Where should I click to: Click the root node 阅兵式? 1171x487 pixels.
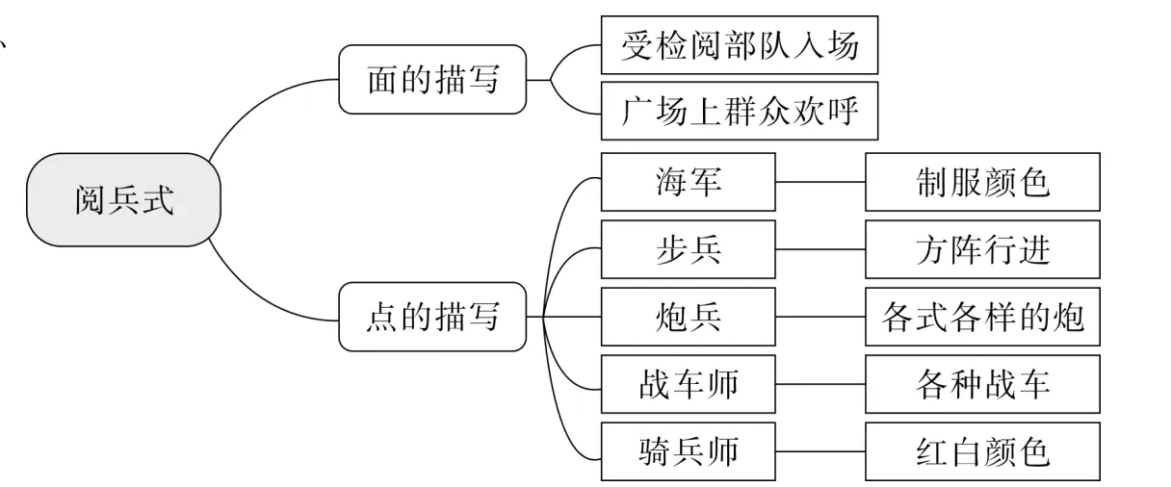pos(124,200)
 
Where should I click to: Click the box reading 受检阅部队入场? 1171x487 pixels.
pos(739,45)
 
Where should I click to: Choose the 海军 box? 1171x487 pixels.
pos(688,182)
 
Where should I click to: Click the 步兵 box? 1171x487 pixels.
pos(688,249)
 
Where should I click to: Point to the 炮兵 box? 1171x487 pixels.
pos(688,317)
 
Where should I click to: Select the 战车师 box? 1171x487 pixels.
pos(688,384)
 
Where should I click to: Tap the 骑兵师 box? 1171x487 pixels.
pos(688,451)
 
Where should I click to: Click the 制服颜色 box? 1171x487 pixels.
pos(982,182)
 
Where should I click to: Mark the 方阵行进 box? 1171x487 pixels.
pos(982,249)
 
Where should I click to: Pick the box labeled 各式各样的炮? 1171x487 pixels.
pos(982,317)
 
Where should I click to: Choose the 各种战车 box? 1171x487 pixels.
pos(982,384)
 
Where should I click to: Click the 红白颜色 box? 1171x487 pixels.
pos(982,451)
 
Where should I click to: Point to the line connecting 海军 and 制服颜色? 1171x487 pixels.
pos(820,180)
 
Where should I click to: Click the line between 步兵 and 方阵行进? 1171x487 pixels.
pos(820,249)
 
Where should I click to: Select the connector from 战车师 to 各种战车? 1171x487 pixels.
pos(820,384)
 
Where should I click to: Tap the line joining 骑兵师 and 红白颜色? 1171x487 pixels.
pos(820,451)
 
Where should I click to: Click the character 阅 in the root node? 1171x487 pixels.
pos(91,200)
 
